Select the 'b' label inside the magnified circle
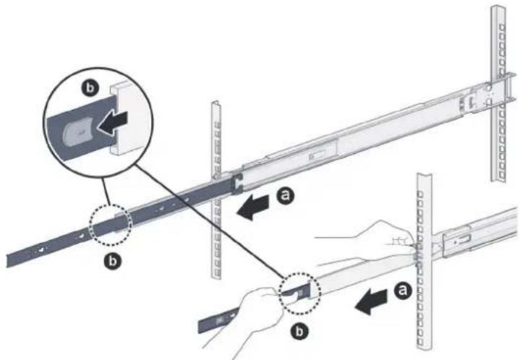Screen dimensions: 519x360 tap(90, 87)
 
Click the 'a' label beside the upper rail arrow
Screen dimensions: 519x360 tap(286, 195)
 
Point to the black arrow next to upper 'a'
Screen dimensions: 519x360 tap(253, 207)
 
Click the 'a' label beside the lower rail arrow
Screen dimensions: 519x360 tap(403, 290)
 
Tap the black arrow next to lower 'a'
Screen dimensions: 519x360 tap(371, 301)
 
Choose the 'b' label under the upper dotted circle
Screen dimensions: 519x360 tap(113, 262)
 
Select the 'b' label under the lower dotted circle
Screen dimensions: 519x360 tap(299, 331)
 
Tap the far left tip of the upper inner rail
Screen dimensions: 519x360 tap(7, 260)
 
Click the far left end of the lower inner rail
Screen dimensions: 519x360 tap(199, 327)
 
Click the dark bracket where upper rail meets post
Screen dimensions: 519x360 tap(237, 184)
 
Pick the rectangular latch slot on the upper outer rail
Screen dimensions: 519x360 tap(317, 156)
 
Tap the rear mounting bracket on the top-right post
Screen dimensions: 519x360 tap(490, 96)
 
